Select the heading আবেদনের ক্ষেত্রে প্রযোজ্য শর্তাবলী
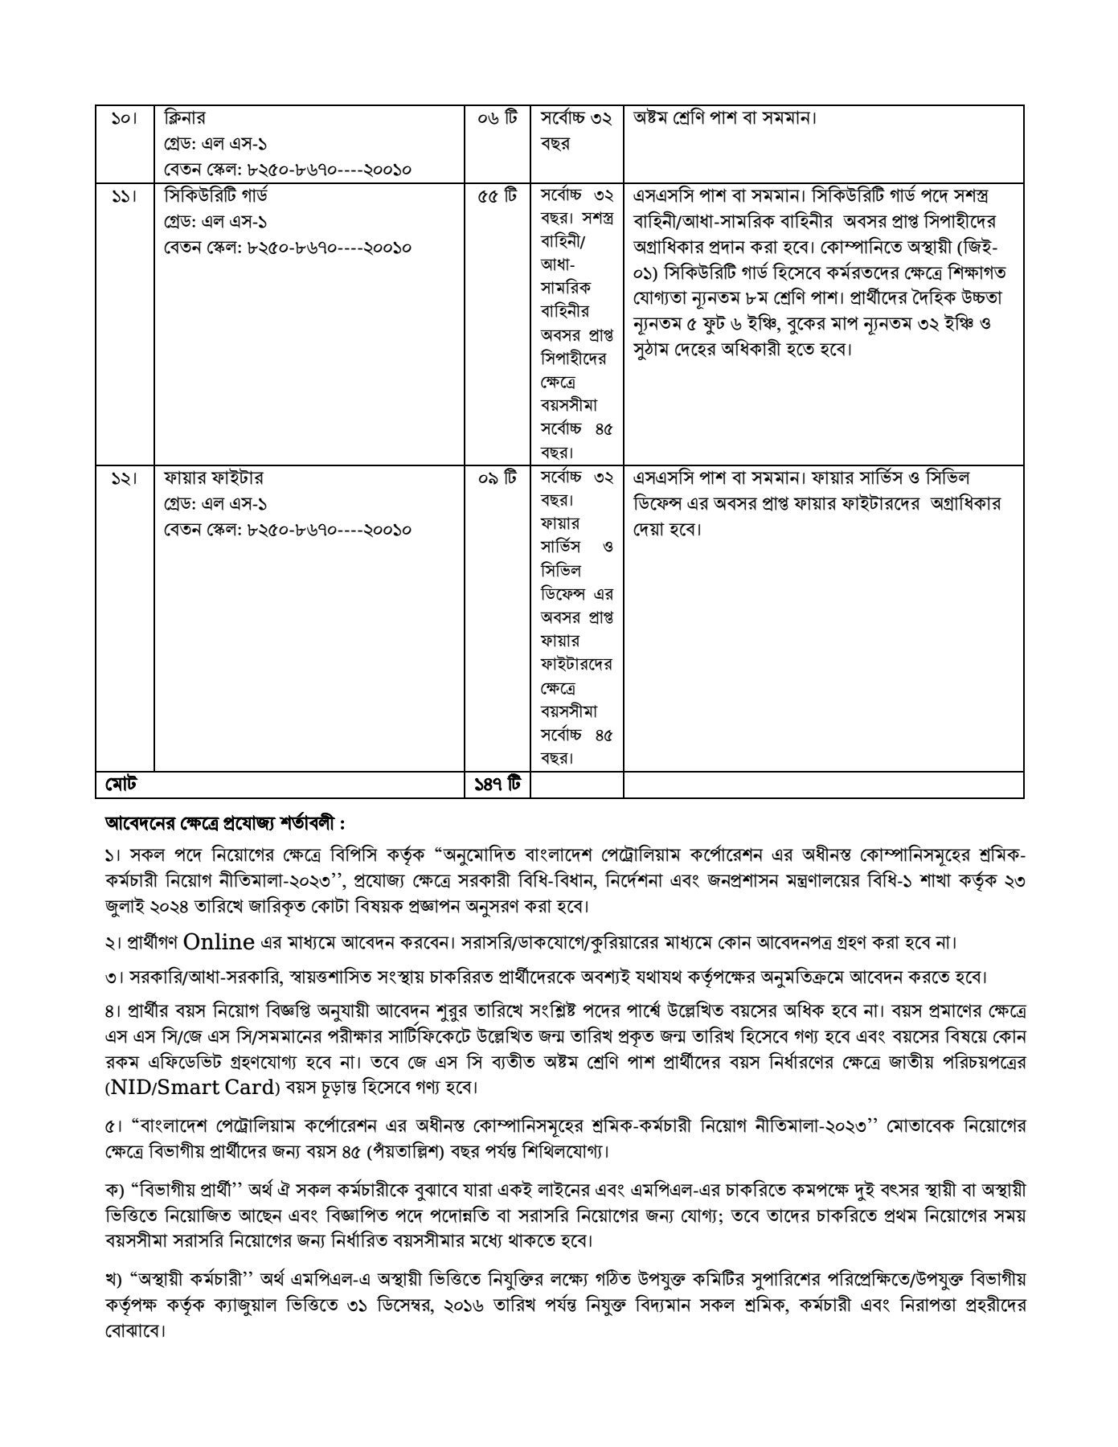225,824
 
